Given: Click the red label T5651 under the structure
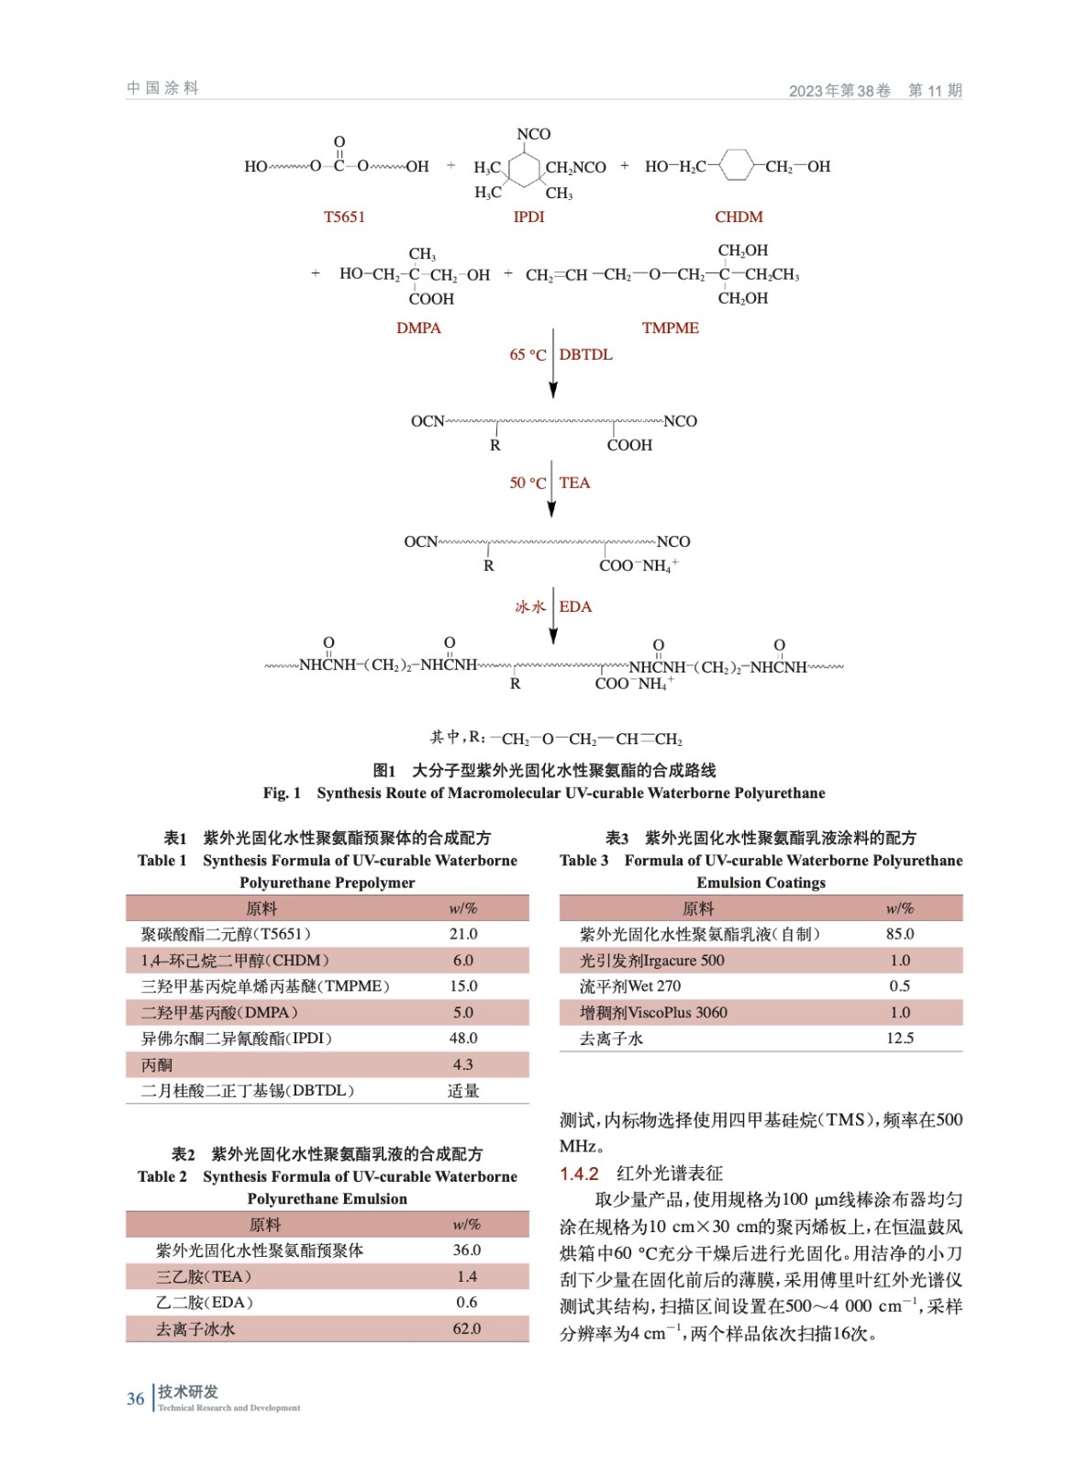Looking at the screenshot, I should point(344,217).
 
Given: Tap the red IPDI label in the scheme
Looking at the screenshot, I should point(528,217).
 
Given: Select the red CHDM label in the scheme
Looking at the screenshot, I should point(739,217).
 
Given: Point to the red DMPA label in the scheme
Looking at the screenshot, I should point(418,328).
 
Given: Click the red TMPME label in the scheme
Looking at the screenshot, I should point(670,328).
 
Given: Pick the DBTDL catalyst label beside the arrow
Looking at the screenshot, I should point(585,355).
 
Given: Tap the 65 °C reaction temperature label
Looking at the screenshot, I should point(528,355).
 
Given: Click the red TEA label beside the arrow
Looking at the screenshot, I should point(574,484).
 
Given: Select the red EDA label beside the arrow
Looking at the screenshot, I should point(575,607).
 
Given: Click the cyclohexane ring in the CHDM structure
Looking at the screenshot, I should point(736,166).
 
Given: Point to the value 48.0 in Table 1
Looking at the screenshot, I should point(463,1039).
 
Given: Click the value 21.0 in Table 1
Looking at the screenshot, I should point(463,934).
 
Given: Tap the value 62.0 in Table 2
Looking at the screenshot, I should point(467,1329).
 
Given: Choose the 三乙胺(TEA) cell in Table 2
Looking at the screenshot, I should point(203,1276).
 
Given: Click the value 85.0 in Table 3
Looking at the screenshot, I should point(900,934).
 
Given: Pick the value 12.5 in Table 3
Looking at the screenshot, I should point(900,1039).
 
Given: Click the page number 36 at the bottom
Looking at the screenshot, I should point(136,1399).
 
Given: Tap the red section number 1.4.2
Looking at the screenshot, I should point(579,1173).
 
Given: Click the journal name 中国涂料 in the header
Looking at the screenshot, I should point(163,88).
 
